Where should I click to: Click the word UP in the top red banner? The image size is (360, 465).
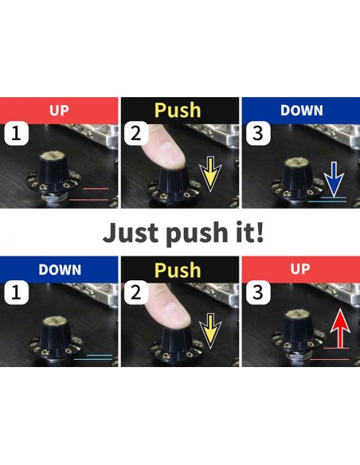click(59, 111)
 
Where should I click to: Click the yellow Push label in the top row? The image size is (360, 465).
click(178, 111)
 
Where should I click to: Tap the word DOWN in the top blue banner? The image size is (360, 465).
click(302, 111)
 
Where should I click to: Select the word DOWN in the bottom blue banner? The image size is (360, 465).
click(60, 270)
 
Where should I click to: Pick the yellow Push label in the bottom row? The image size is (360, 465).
click(178, 270)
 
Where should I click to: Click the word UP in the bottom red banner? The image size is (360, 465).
click(300, 268)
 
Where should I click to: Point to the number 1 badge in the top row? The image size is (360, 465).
click(16, 134)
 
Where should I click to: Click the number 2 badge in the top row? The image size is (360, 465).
click(136, 134)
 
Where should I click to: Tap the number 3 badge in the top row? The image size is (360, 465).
click(258, 134)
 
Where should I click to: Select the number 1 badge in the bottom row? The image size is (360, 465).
click(16, 292)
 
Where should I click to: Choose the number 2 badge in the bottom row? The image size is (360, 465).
click(136, 292)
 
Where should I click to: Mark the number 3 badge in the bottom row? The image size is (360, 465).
click(258, 292)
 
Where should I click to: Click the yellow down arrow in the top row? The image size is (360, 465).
click(210, 174)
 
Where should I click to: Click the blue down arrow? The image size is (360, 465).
click(334, 179)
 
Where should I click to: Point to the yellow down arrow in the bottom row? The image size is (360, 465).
click(210, 331)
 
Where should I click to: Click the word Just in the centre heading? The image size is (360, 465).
click(131, 232)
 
